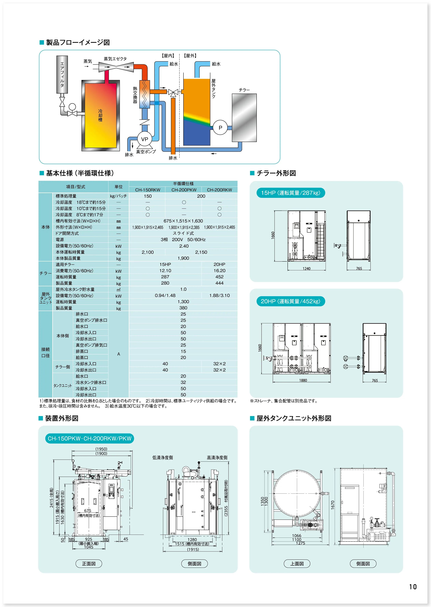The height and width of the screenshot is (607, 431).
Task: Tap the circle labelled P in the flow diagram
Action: (220, 128)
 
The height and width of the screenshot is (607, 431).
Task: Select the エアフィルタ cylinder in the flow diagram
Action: (62, 74)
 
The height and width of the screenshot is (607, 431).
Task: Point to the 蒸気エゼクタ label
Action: (115, 59)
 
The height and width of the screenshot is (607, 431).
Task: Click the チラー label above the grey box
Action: (244, 90)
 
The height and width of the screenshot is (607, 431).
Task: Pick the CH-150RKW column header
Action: (148, 190)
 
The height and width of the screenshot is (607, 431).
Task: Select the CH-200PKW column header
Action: (184, 190)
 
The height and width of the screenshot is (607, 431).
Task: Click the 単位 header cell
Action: (118, 187)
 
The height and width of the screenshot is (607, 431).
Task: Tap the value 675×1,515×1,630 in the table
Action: (183, 221)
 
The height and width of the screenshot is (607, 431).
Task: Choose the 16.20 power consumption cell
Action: (219, 270)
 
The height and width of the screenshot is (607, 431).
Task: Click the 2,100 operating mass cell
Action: (148, 252)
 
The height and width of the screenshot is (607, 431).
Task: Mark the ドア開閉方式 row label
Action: (67, 233)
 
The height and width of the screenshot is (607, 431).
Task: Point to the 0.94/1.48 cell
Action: (165, 295)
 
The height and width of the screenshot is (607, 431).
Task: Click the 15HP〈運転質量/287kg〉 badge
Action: (291, 193)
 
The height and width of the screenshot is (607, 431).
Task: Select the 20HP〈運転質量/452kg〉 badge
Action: (291, 301)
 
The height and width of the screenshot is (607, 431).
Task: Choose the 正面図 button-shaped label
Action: (89, 563)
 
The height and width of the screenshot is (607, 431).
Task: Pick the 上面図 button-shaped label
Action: (297, 563)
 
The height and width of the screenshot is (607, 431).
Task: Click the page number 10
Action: (413, 587)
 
